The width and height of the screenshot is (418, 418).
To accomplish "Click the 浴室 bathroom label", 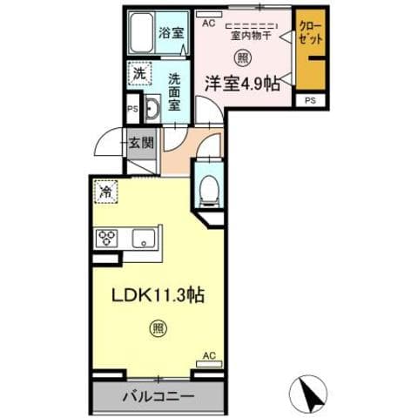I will coord(171,33).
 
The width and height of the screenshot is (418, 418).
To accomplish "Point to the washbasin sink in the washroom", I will coord(148,111).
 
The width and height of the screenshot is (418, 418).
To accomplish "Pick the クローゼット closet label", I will coord(308,34).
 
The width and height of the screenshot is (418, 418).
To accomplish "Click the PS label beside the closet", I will coord(310,101).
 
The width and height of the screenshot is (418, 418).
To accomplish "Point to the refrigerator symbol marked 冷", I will coord(107,191).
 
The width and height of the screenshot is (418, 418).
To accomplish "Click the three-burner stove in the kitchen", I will coord(109,237).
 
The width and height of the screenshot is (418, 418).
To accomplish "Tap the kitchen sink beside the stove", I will coord(142,238).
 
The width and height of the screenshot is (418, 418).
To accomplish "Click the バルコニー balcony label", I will coord(157,396).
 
